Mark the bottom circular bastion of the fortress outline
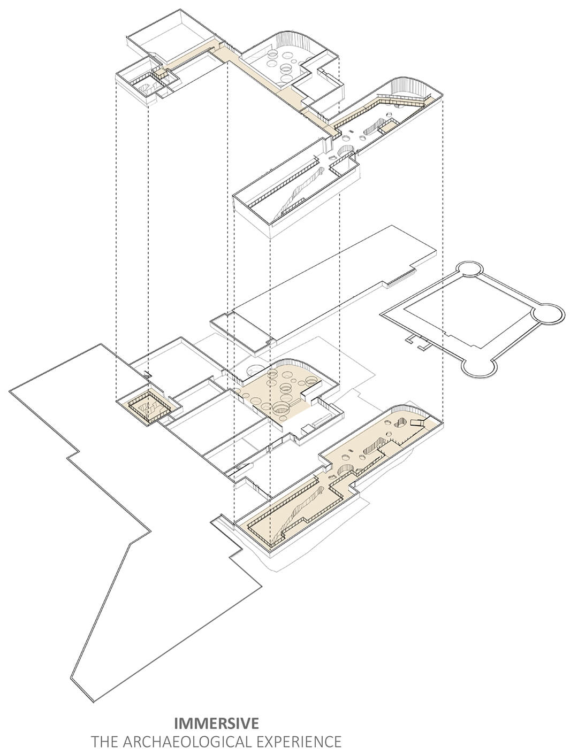tap(479, 368)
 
